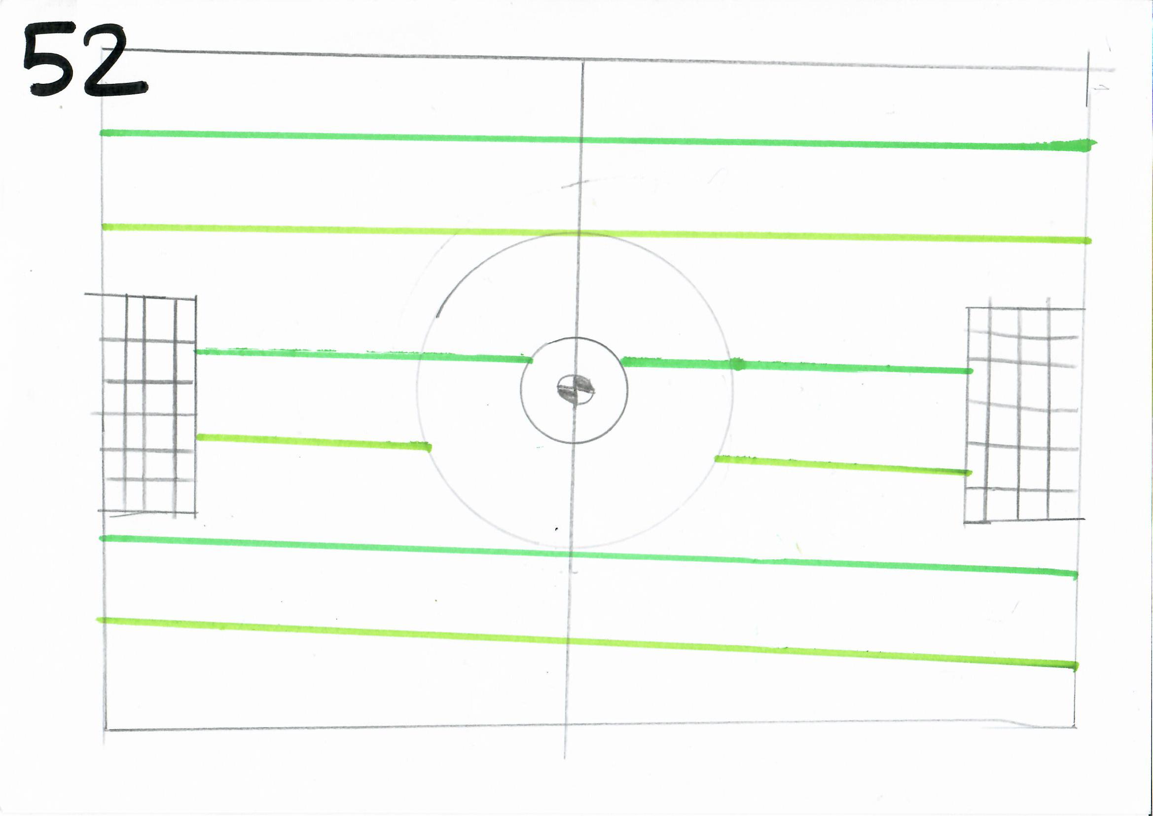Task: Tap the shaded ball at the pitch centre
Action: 576,388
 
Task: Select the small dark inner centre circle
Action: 521,390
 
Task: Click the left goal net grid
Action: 144,405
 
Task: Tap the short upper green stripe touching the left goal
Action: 363,355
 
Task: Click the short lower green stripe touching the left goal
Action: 313,442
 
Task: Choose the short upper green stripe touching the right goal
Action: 797,365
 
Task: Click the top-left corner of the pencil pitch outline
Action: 102,49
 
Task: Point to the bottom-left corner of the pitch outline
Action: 106,730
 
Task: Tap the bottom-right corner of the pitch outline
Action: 1075,727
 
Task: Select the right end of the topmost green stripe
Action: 1096,144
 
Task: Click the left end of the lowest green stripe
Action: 98,620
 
